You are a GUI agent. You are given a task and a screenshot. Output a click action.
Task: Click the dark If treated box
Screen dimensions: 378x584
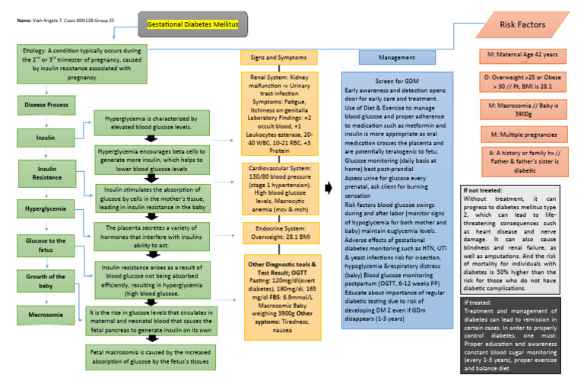click(x=524, y=330)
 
